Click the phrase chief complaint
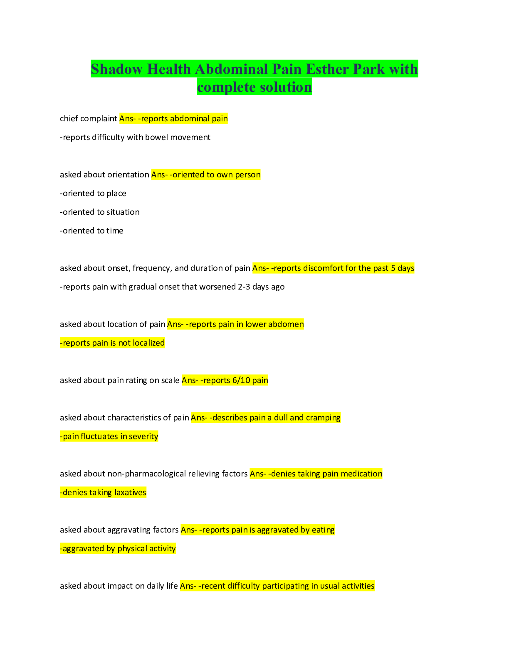pos(88,119)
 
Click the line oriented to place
pos(93,194)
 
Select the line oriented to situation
pos(100,212)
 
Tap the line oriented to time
pos(91,231)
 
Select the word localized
pos(149,343)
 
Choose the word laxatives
pos(130,493)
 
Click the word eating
pos(323,530)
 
